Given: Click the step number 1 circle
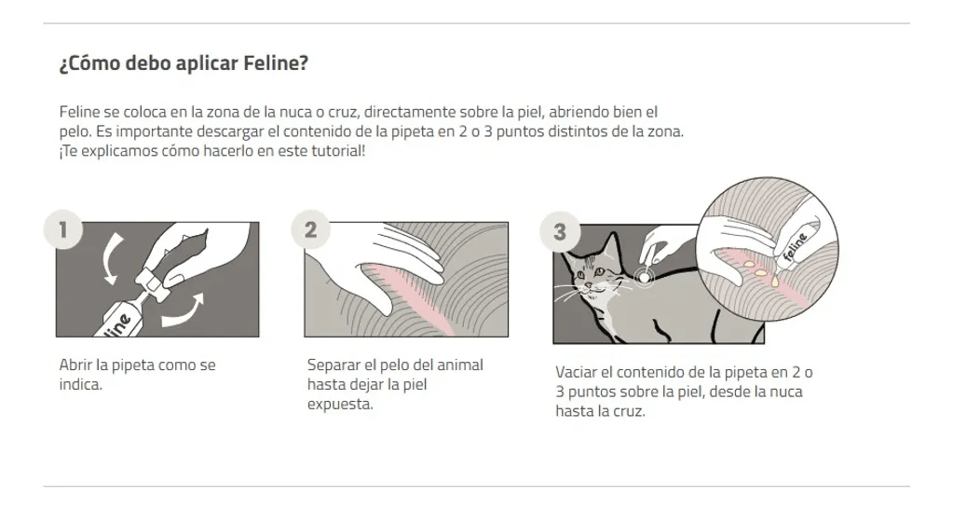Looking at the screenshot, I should [62, 229].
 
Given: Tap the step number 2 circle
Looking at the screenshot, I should [311, 229].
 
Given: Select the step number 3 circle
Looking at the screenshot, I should [559, 232].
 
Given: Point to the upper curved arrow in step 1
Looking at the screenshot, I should [110, 256].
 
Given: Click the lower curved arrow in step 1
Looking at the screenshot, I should [182, 311].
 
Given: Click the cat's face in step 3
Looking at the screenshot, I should [596, 275].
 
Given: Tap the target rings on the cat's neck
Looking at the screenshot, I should [643, 275].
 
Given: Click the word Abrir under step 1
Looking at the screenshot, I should [75, 365].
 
